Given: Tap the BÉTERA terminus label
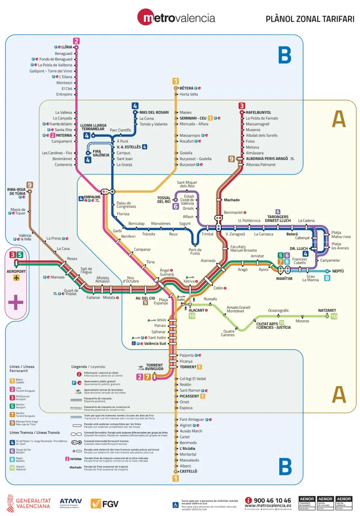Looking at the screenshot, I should (186, 88).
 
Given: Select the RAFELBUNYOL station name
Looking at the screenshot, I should (258, 112).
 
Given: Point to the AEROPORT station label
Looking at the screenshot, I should (16, 271).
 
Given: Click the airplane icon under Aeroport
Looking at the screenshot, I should (17, 278).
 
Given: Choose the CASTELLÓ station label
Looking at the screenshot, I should (188, 471).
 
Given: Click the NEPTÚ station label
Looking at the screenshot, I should (338, 271).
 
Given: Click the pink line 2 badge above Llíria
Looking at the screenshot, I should (76, 41).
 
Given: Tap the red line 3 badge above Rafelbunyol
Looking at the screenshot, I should (242, 106).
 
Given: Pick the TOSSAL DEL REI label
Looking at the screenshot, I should (164, 199).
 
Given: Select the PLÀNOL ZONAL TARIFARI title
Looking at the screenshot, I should (309, 19).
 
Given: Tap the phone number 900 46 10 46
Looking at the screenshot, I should (272, 500).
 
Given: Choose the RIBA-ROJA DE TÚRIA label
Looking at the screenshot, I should (17, 191).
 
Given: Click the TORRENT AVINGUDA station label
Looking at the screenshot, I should (155, 367).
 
